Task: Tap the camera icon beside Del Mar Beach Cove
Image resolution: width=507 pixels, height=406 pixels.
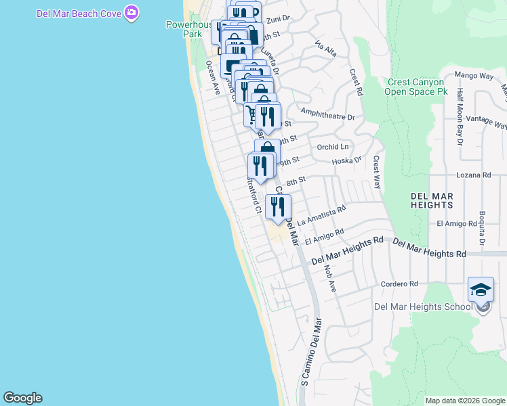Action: click(132, 12)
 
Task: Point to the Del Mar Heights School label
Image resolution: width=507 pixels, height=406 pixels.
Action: click(423, 307)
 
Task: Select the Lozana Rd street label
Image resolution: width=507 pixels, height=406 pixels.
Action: click(474, 175)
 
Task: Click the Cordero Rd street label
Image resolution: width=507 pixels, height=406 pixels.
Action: click(399, 284)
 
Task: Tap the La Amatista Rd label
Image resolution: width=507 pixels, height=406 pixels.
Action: click(321, 215)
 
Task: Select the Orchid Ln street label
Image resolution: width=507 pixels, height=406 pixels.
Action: click(332, 146)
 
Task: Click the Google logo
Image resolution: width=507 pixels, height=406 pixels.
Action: click(22, 398)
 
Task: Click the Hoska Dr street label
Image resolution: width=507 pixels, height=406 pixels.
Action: click(348, 161)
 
